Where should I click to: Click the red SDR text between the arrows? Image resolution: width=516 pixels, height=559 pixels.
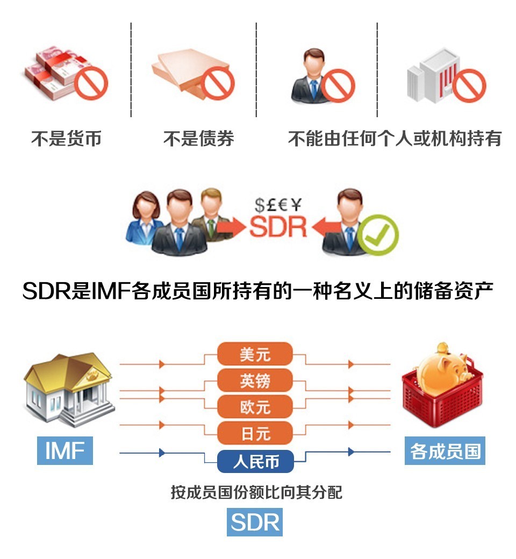(x=278, y=227)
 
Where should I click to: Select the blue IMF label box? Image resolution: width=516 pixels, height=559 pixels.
(x=65, y=450)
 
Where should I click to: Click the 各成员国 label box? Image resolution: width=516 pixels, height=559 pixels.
(x=445, y=450)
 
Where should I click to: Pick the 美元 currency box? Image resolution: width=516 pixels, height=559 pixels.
(x=255, y=355)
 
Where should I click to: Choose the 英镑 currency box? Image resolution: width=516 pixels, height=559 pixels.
(x=255, y=381)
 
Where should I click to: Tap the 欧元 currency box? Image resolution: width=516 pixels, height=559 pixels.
(x=255, y=407)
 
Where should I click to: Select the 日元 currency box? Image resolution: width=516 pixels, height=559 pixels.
(x=255, y=433)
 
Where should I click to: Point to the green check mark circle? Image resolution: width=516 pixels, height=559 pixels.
(x=378, y=235)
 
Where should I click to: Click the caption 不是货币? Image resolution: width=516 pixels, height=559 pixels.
(x=66, y=139)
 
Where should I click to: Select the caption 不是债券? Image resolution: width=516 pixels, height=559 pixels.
(x=198, y=139)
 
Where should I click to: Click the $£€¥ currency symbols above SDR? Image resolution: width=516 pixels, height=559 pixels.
(x=278, y=204)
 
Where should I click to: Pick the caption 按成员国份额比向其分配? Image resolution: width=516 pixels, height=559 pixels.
(x=256, y=492)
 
